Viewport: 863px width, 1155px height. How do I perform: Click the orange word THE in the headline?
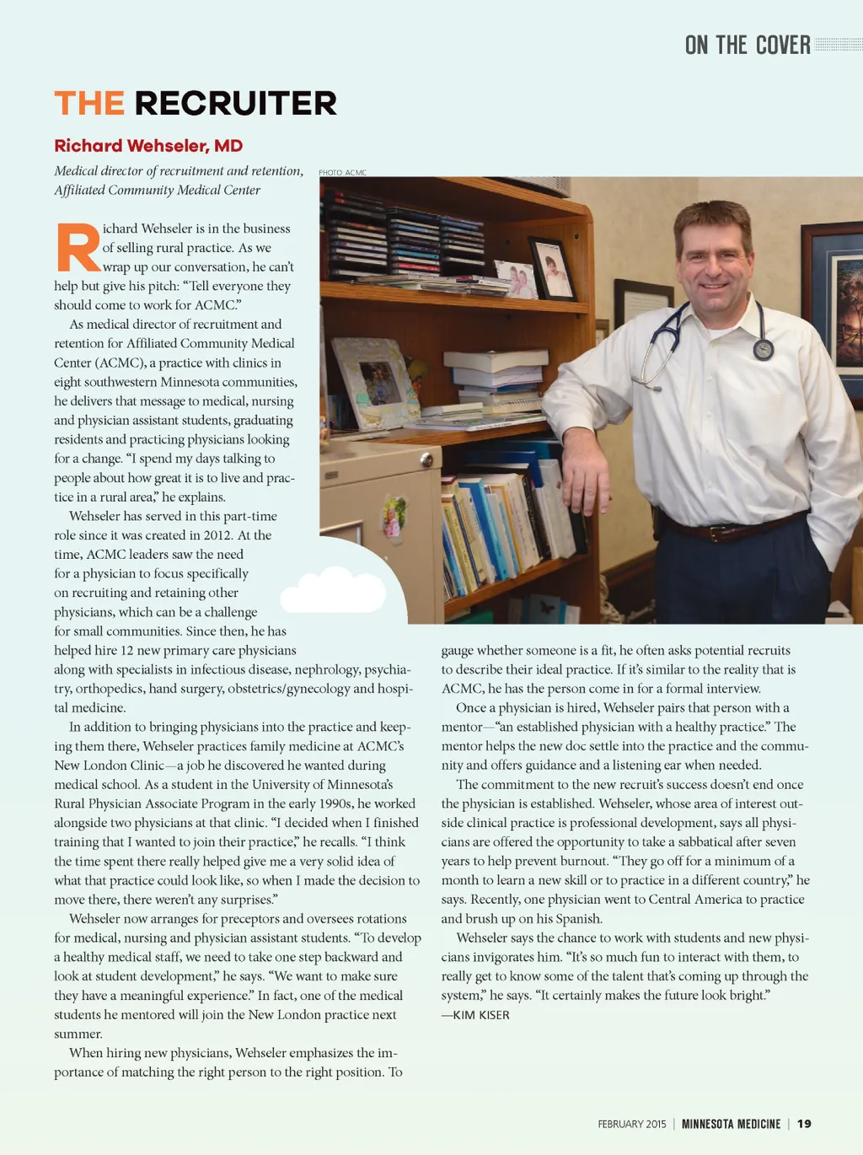tap(89, 104)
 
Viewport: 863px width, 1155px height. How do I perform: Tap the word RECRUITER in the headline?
tap(235, 104)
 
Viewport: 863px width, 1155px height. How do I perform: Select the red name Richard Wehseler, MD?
tap(148, 146)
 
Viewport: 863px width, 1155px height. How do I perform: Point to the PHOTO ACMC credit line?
tap(342, 173)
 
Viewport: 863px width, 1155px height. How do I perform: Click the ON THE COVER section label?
tap(747, 46)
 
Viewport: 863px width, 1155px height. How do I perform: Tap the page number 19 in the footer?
tap(804, 1124)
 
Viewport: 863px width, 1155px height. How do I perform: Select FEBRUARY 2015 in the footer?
tap(631, 1124)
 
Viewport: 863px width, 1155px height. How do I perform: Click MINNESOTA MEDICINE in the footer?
tap(731, 1124)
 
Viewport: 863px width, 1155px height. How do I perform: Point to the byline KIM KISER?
tap(480, 1015)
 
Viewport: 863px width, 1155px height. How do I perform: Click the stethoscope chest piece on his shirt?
tap(764, 349)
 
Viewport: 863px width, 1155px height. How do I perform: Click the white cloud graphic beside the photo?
tap(334, 591)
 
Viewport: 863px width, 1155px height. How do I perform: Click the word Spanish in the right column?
tap(578, 919)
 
